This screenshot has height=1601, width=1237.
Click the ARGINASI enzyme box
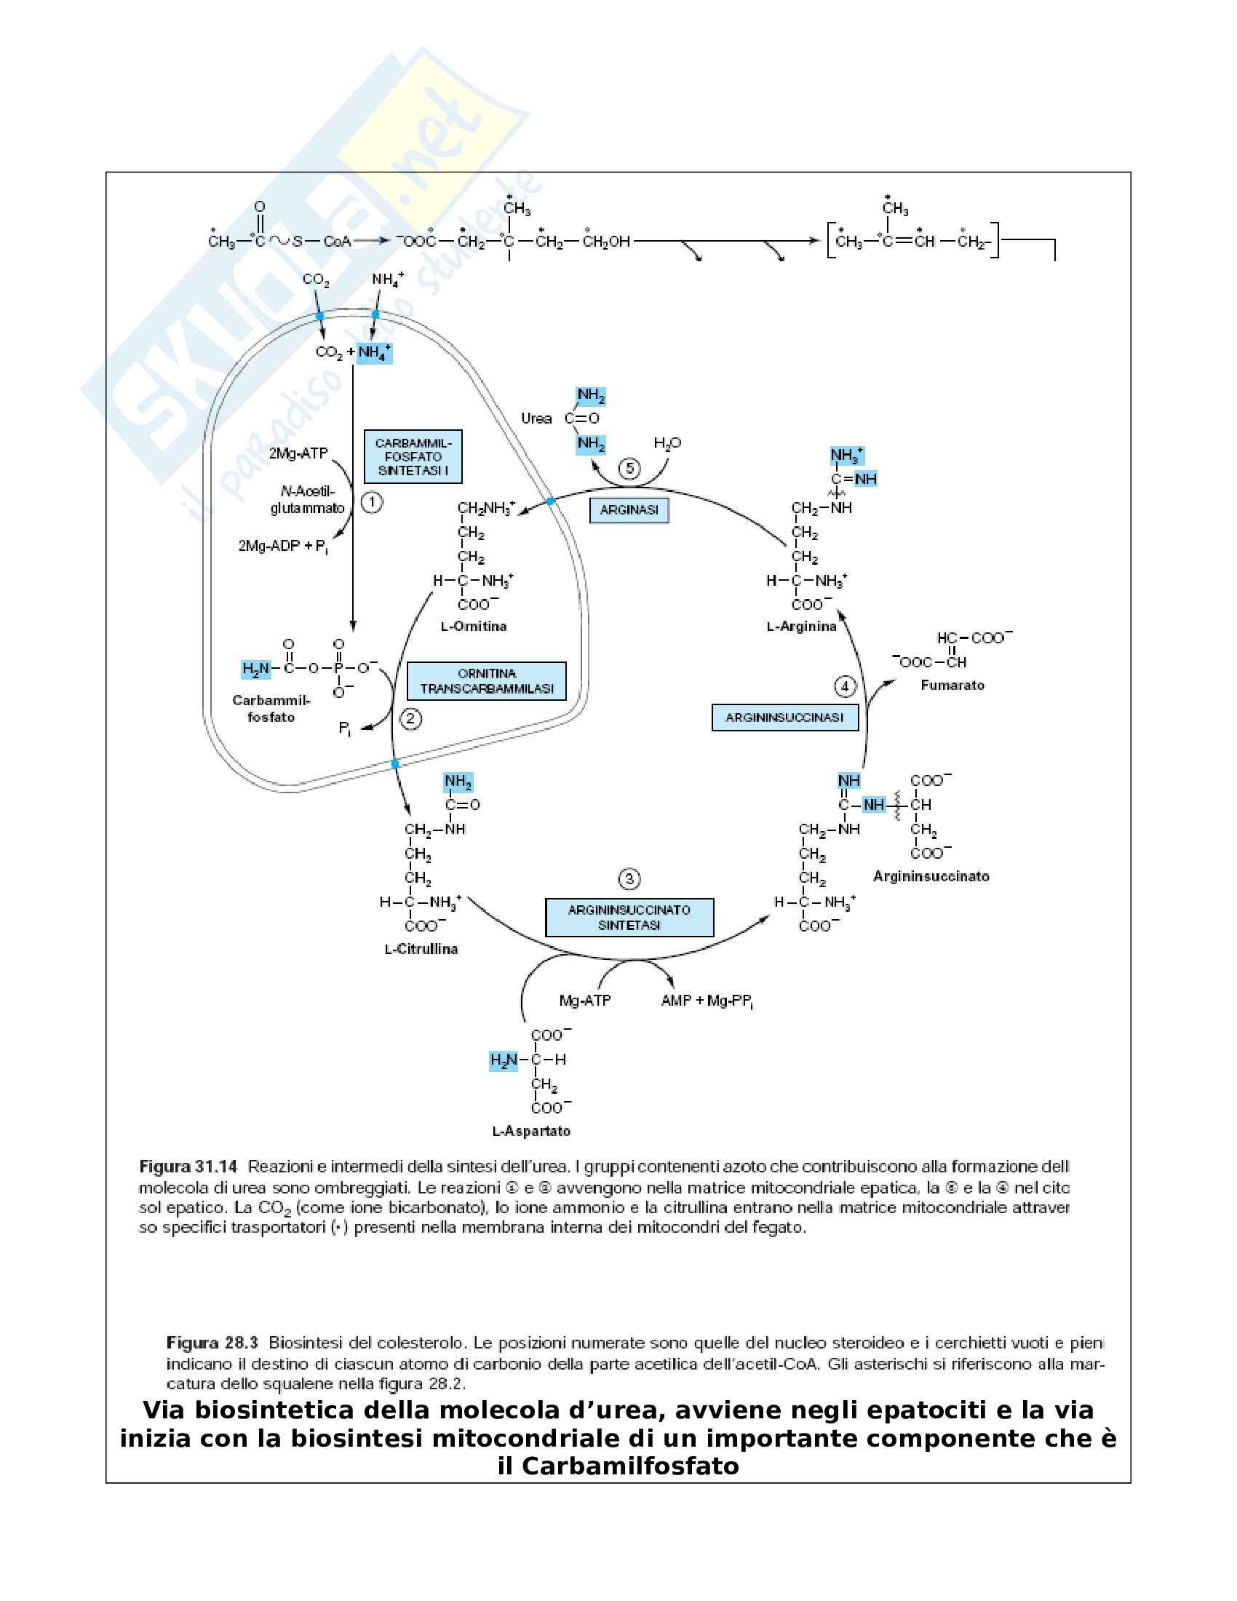(x=629, y=510)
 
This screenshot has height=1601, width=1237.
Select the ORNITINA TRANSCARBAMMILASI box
(x=487, y=681)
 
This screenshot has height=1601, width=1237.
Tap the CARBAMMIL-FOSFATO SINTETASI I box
(x=413, y=457)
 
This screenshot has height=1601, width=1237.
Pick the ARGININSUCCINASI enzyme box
(x=785, y=718)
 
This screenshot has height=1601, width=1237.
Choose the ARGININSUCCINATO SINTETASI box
(x=629, y=918)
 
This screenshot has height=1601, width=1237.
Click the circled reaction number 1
(x=373, y=502)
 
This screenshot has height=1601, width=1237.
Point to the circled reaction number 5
(x=629, y=468)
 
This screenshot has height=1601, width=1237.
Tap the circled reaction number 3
(x=629, y=879)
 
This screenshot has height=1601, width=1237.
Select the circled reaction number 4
(x=845, y=686)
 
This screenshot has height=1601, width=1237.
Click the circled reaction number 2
(x=410, y=718)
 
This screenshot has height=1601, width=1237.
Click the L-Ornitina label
(x=474, y=627)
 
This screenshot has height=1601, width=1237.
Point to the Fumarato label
(x=952, y=686)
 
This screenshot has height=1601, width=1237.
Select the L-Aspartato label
(x=531, y=1131)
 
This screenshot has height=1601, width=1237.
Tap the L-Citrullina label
(x=421, y=949)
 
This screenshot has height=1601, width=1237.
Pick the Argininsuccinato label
(x=931, y=877)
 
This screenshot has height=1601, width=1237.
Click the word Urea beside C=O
(x=536, y=418)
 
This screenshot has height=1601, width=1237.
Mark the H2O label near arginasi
(x=667, y=443)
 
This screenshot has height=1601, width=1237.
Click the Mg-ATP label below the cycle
(x=585, y=1001)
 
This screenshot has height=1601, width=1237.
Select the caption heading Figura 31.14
(x=188, y=1167)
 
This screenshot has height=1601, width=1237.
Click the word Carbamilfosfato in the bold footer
(x=630, y=1467)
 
